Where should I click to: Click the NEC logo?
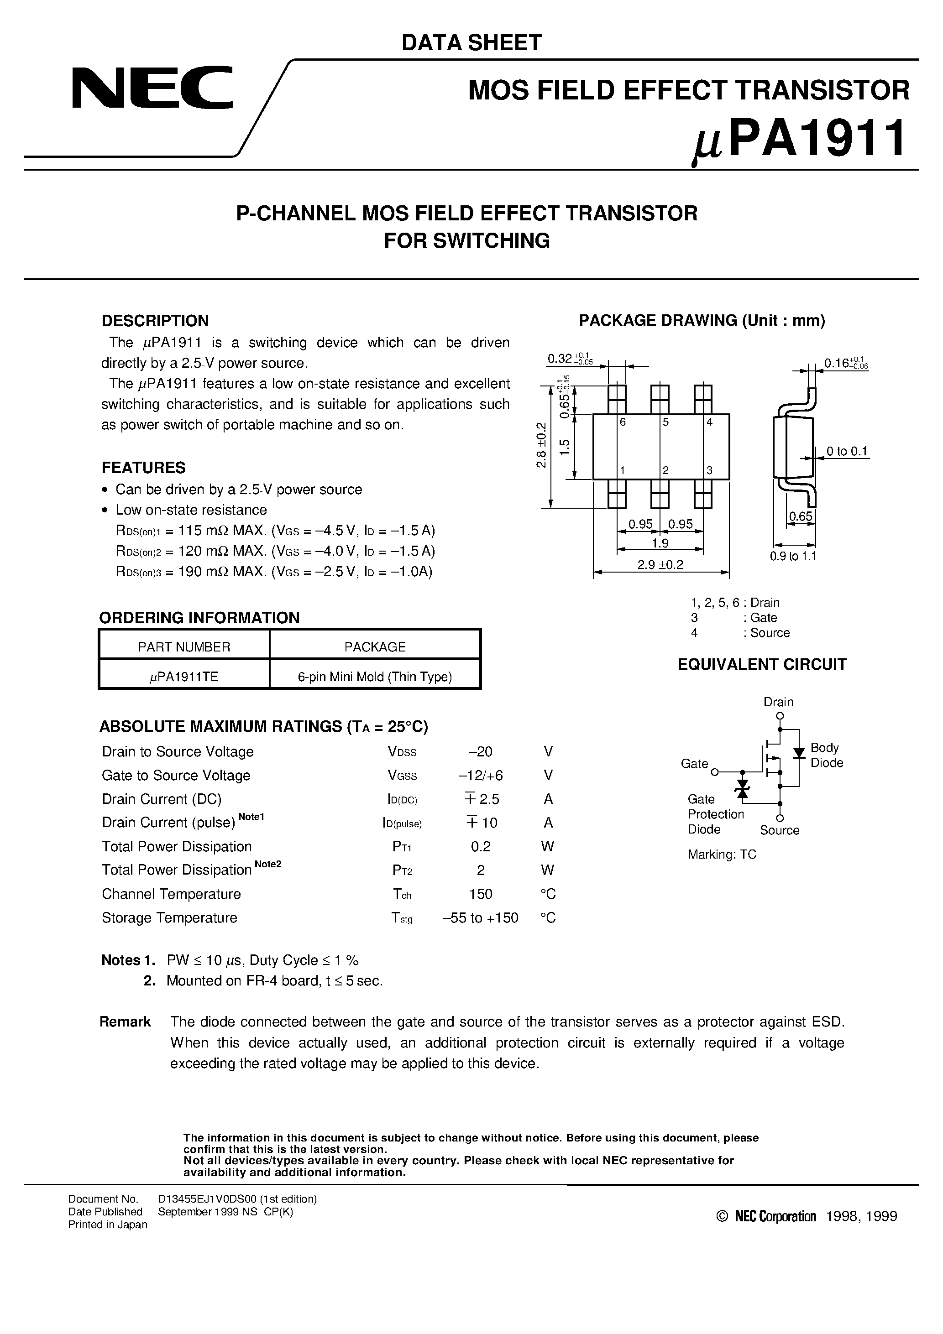pos(152,89)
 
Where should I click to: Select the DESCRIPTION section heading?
pos(155,321)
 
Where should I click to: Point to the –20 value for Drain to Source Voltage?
pos(480,752)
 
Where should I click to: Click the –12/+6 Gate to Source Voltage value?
pos(480,776)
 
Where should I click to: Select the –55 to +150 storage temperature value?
pos(480,918)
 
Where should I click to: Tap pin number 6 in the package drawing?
pos(623,422)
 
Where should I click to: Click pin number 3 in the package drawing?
pos(709,471)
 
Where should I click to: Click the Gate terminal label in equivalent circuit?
pos(694,763)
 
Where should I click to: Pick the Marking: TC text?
pos(722,855)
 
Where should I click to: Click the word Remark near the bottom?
pos(125,1022)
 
